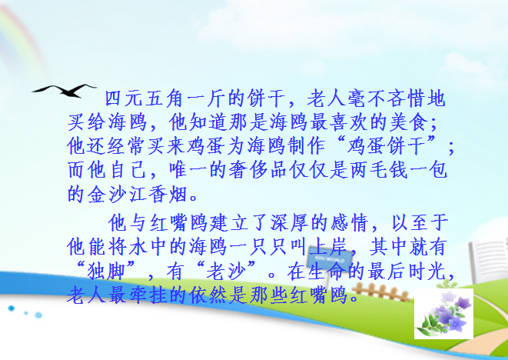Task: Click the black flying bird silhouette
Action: [65, 90]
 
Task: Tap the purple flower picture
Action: [443, 314]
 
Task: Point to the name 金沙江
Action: [117, 195]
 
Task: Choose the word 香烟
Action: [168, 195]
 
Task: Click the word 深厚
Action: [291, 223]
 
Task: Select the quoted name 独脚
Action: [106, 272]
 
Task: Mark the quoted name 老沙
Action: [226, 272]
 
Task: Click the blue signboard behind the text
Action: [330, 257]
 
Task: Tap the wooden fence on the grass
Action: [380, 292]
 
